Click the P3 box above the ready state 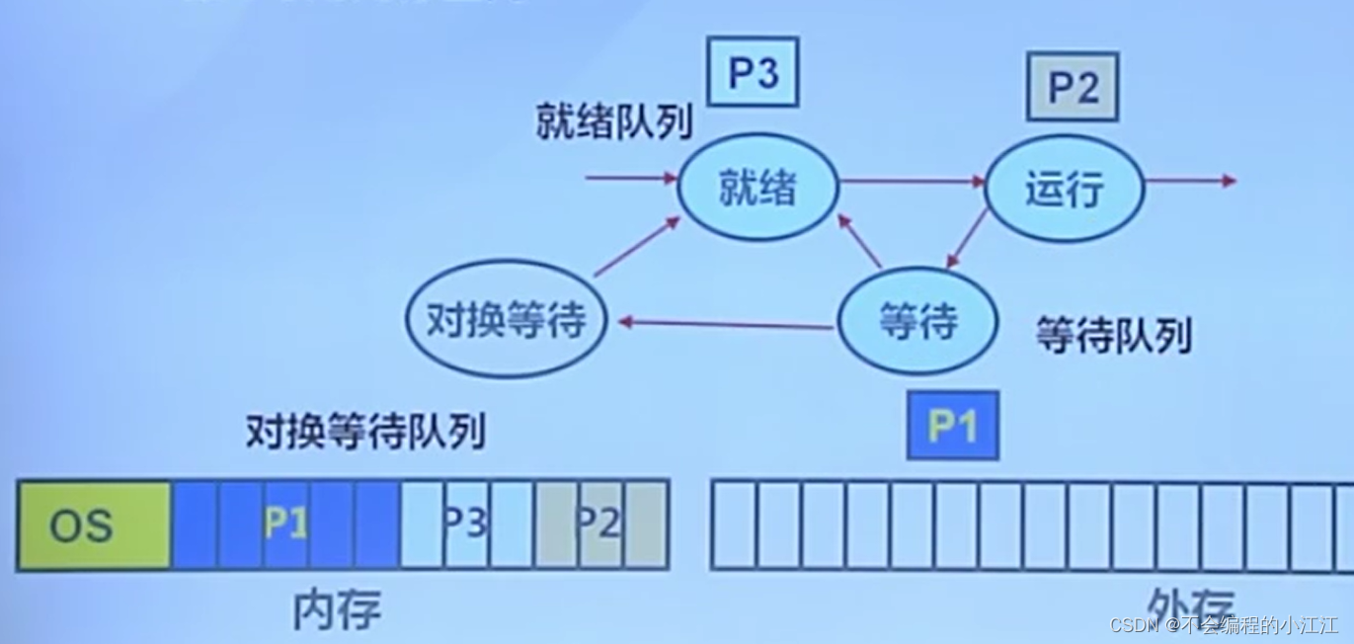click(753, 73)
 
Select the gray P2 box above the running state click(1073, 87)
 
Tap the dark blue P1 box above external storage click(953, 426)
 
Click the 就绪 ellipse click(757, 188)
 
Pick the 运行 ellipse click(1065, 190)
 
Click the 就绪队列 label click(614, 122)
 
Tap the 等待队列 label click(1113, 337)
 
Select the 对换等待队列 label click(365, 433)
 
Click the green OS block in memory click(94, 525)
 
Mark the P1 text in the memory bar click(285, 523)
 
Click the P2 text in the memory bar click(598, 523)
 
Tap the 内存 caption click(337, 610)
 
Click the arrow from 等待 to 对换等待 click(722, 323)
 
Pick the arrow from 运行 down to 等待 click(967, 238)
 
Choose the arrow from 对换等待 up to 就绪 click(638, 247)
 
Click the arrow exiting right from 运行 click(1190, 181)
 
